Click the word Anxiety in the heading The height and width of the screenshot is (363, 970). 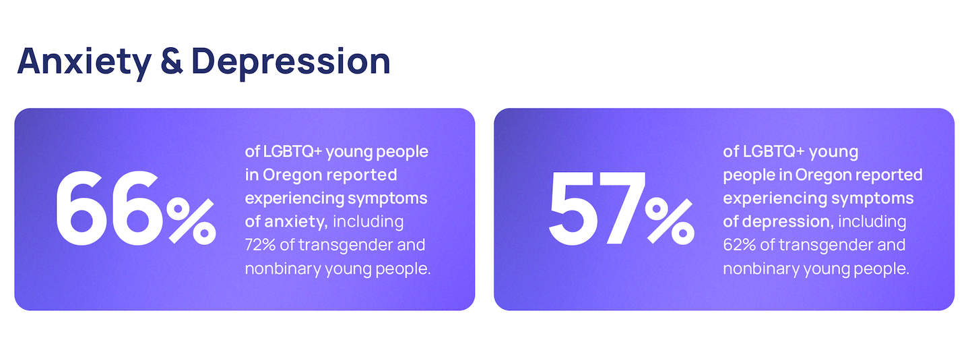pos(84,63)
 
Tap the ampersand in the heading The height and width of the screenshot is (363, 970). pos(172,61)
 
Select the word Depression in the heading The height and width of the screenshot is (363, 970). pos(291,63)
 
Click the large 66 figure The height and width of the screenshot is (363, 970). pos(110,208)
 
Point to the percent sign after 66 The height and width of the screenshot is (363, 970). pos(191,221)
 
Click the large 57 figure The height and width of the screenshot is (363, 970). pos(597,208)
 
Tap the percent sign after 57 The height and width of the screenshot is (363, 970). pos(670,221)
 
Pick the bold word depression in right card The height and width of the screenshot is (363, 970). pos(788,221)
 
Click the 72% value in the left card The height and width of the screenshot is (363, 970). pos(260,245)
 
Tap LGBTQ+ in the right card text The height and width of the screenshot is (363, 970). pos(773,152)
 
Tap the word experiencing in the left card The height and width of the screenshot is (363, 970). pos(294,199)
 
